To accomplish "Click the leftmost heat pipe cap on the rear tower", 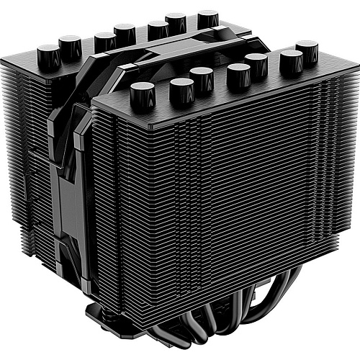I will (48, 53).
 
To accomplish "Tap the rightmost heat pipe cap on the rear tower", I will (208, 18).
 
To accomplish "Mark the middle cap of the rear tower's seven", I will (125, 33).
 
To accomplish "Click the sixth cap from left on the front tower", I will (291, 62).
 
